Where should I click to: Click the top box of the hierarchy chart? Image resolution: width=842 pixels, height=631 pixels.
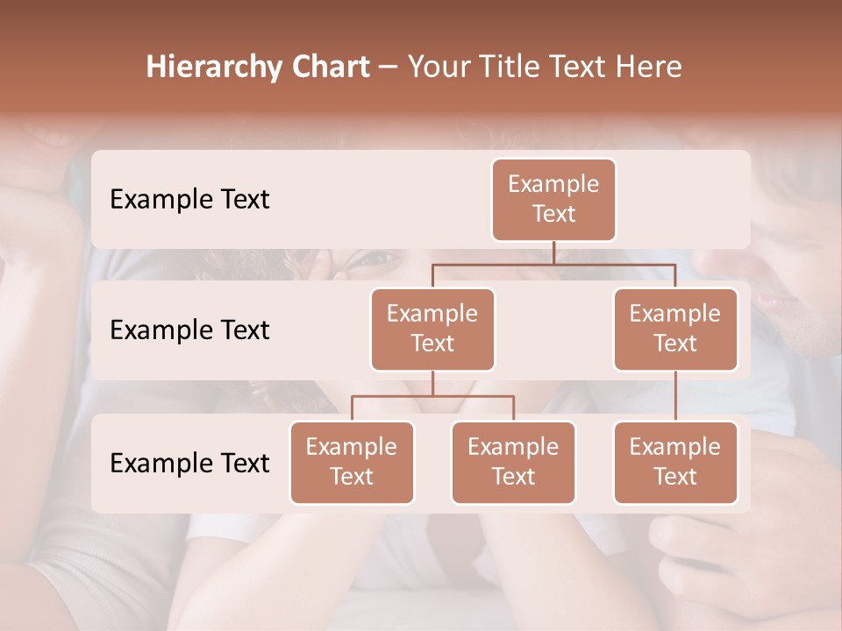point(553,199)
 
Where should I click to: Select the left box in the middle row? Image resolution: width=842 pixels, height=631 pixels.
point(432,329)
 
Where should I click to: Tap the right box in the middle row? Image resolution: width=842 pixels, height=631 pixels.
point(675,329)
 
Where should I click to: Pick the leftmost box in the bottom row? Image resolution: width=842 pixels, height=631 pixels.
point(352,462)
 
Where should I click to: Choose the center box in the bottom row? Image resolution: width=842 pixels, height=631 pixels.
point(513,462)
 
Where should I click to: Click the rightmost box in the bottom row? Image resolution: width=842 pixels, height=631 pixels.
point(675,462)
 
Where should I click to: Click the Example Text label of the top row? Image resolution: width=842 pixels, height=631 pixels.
point(189,199)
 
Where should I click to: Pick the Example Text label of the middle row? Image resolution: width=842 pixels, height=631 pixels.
point(189,330)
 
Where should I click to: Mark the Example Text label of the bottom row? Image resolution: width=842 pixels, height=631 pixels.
point(189,463)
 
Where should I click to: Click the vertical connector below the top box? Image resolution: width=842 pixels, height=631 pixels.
point(553,252)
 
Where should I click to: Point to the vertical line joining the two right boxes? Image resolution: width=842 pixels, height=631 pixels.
point(675,396)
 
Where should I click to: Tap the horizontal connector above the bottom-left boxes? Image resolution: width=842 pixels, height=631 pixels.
point(432,396)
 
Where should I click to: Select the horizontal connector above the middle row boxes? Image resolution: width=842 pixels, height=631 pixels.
point(553,263)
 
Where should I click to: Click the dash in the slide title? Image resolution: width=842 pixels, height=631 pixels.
point(389,67)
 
